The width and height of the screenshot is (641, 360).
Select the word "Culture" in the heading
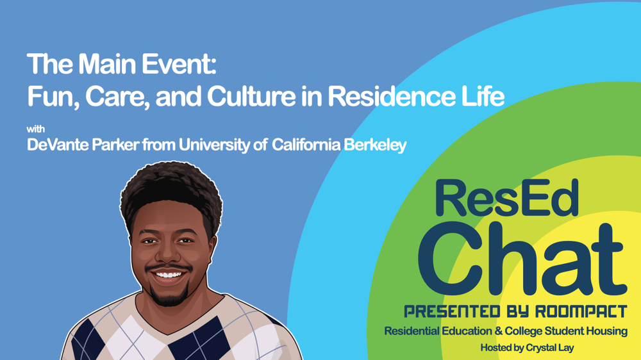[251, 97]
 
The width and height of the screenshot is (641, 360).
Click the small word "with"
[35, 129]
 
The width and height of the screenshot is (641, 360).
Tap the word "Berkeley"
[375, 145]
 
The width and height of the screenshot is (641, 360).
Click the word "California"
[306, 145]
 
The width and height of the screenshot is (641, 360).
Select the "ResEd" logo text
[507, 198]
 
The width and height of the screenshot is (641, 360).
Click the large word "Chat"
[522, 259]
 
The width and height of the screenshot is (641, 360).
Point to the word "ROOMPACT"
[581, 312]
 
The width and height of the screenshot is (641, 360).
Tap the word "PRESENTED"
[452, 312]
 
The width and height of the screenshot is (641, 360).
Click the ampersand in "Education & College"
[498, 331]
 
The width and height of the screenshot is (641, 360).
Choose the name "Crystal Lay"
[550, 348]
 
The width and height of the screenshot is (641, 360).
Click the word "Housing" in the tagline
[606, 331]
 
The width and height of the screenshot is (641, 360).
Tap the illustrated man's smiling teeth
[168, 275]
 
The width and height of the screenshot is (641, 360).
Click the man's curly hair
[171, 192]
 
